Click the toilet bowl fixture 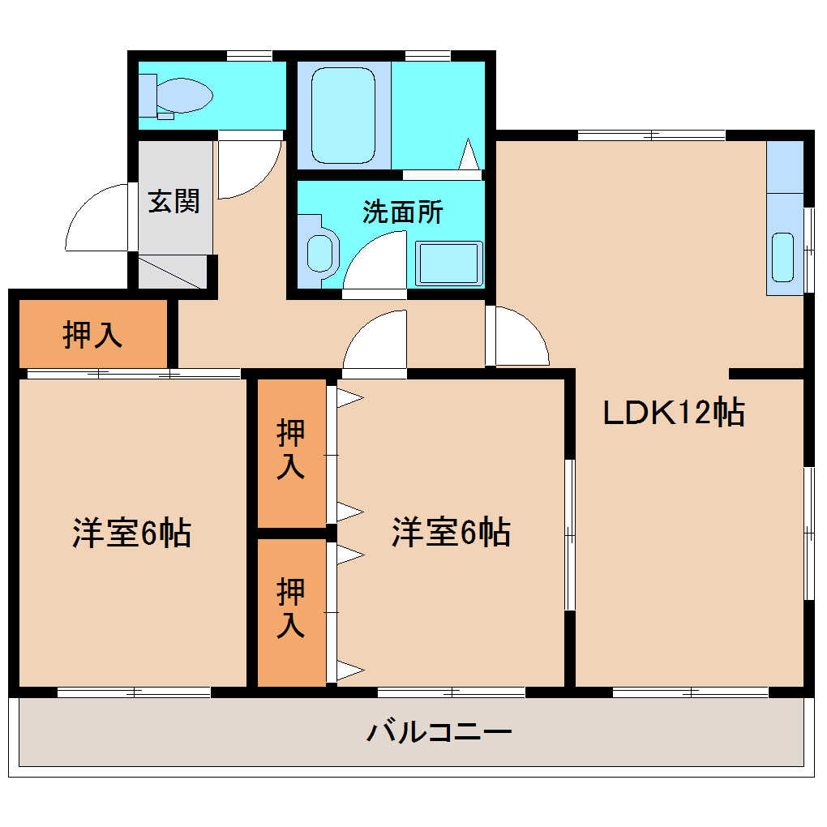185,96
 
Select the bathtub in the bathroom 343,115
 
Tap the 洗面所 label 402,212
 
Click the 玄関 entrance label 174,201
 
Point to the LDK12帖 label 674,412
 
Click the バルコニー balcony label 439,732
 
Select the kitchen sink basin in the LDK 782,257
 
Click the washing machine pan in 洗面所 449,264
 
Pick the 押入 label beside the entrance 92,334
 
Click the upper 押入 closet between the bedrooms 291,452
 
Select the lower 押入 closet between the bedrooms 291,612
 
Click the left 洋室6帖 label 132,533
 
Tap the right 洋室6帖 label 451,532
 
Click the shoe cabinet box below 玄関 173,272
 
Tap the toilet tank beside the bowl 148,96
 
